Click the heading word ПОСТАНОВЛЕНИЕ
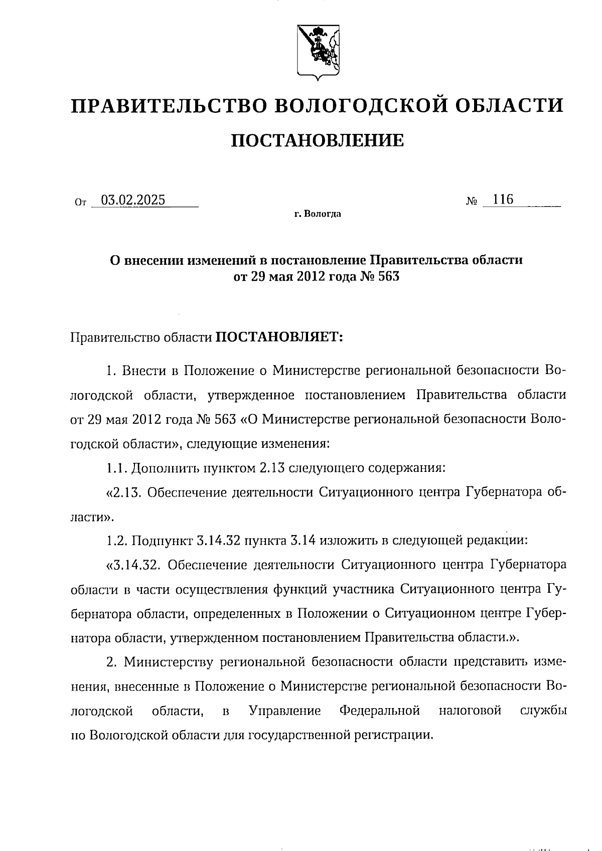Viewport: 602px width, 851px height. click(317, 140)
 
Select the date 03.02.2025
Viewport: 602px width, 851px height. click(133, 200)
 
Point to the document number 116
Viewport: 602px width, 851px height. click(503, 200)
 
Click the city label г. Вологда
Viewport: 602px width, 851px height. click(318, 215)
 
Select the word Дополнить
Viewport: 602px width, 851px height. click(163, 468)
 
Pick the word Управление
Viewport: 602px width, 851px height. click(284, 711)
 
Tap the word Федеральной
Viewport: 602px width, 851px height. click(379, 711)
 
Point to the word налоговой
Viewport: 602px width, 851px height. click(470, 711)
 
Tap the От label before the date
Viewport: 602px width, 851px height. click(80, 203)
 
